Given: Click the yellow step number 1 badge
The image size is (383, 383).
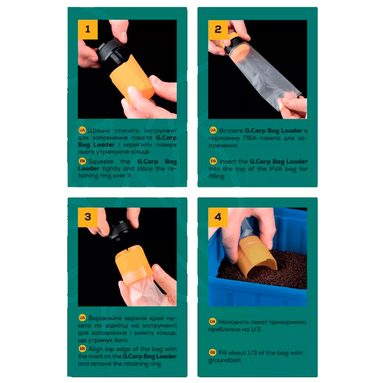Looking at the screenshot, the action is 88,30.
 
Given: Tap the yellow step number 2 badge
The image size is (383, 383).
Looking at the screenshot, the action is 218,30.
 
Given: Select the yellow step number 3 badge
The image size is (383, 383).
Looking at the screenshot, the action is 88,217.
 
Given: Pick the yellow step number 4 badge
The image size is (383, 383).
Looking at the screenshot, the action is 218,217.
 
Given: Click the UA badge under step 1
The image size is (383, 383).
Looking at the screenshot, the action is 82,130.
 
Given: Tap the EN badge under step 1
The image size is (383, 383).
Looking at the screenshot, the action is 82,161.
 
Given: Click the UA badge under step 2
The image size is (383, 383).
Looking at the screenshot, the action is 213,130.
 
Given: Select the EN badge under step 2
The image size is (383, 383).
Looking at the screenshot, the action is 213,161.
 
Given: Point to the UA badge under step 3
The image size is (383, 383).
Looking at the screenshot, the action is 82,318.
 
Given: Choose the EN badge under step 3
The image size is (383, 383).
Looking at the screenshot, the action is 82,349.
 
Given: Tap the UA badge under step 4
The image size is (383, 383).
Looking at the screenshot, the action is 213,321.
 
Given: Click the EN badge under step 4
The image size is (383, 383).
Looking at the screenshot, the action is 213,352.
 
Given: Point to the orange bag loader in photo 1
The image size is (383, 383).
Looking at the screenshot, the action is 131,78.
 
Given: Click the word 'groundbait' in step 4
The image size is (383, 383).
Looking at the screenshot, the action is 225,360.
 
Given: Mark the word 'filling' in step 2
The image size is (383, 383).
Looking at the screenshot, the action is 216,176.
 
